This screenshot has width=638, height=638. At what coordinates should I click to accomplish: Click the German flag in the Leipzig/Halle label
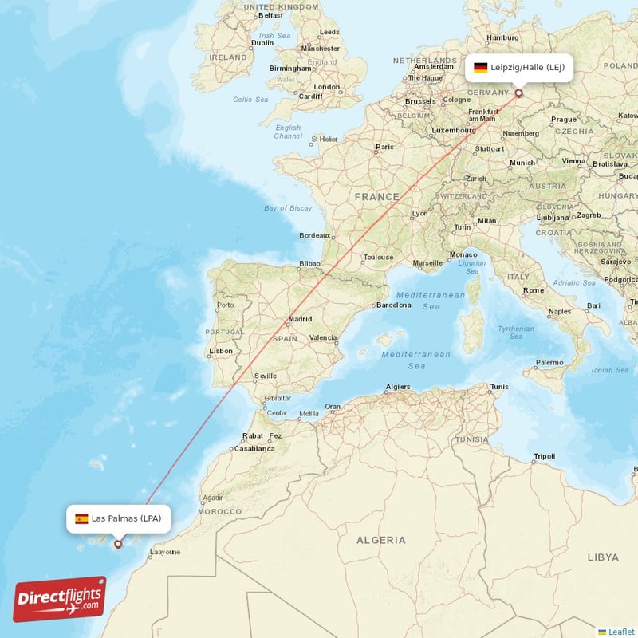point(480,68)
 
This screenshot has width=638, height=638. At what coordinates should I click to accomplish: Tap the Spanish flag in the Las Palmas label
point(81,518)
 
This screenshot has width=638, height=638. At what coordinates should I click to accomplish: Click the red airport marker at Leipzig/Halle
point(519,93)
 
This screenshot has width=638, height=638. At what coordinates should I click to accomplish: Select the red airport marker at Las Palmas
point(118,545)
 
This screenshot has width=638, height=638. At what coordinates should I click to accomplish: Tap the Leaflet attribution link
point(620,631)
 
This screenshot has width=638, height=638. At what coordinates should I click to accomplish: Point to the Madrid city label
point(300,319)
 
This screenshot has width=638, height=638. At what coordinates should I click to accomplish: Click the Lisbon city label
point(221,351)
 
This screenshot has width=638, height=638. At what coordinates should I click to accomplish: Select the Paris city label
point(385,147)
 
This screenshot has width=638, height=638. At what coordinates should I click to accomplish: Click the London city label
point(327,87)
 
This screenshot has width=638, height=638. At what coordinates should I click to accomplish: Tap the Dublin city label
point(262,43)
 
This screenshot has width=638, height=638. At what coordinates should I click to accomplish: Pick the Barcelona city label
point(393,305)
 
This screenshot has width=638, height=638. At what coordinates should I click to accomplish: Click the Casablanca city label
point(254,448)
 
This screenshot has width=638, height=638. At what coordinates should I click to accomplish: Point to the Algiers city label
point(398,387)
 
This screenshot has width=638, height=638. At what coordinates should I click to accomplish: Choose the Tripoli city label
point(544,456)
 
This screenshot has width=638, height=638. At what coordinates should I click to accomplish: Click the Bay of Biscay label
point(288,208)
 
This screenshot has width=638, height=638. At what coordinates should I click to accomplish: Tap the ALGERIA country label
point(380,540)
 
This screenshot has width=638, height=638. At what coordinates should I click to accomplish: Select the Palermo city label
point(549,362)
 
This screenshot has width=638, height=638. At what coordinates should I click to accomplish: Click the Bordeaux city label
point(314,235)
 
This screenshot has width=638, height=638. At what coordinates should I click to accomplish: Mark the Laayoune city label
point(165,551)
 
